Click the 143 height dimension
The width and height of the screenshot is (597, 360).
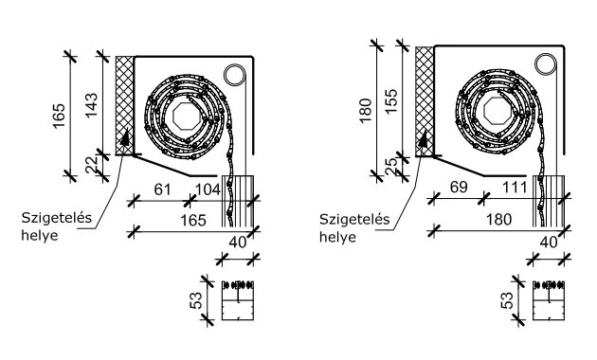(x=92, y=105)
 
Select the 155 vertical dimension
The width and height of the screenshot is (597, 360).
(x=391, y=100)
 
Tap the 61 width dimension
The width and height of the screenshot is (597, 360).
(x=163, y=189)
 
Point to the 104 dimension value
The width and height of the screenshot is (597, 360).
(x=208, y=189)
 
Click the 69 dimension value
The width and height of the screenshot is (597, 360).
(x=459, y=188)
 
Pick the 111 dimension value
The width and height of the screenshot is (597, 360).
(x=515, y=188)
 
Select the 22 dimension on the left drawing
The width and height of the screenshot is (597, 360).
(x=92, y=165)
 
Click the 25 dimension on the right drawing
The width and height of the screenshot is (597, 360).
(x=391, y=167)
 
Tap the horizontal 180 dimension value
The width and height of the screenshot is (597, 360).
(x=499, y=220)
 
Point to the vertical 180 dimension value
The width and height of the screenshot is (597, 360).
(x=365, y=110)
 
